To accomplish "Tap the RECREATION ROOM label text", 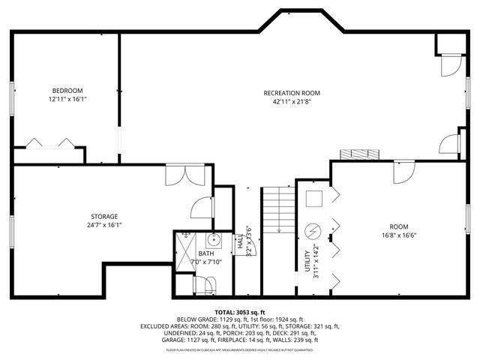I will (x=286, y=93).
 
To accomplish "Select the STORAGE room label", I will (x=105, y=217).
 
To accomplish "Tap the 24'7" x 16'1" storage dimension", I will (x=105, y=225).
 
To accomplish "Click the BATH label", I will (x=207, y=254).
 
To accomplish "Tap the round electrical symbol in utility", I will (x=313, y=229).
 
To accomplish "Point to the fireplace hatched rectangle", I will (x=356, y=154).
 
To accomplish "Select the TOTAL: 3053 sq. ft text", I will (x=239, y=311).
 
